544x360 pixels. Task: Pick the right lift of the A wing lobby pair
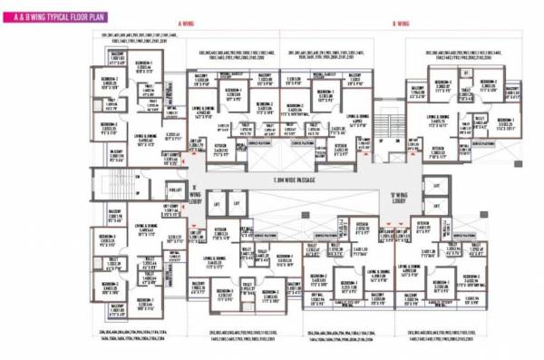235,204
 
